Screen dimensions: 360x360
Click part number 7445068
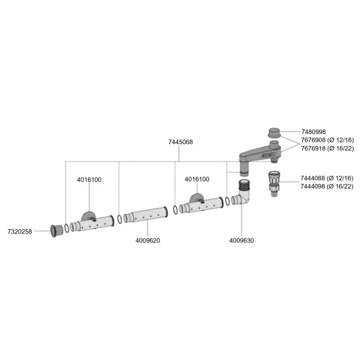(180, 142)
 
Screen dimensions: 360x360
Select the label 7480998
(314, 132)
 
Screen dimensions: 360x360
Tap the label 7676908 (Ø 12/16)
(328, 140)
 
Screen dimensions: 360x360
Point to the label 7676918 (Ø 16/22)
(328, 149)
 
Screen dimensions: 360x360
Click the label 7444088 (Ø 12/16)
(327, 178)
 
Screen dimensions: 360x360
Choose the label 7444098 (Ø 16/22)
(327, 186)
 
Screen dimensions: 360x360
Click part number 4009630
(241, 241)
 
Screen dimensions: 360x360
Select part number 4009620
(148, 241)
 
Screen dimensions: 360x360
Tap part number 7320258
(20, 232)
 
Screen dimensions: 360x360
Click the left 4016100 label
(89, 180)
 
